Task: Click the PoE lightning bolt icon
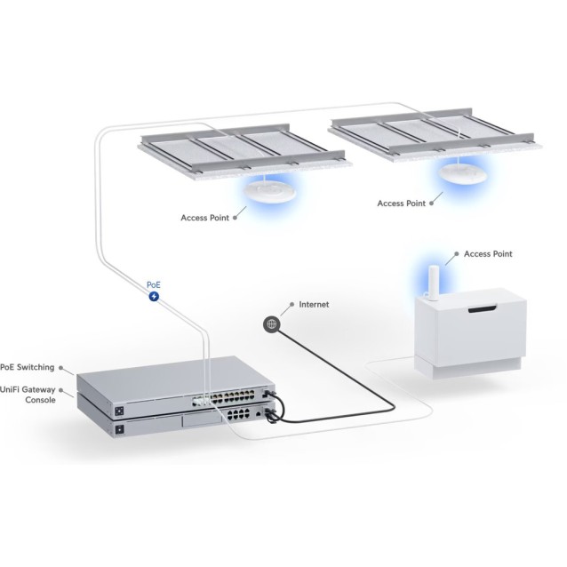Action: (x=156, y=296)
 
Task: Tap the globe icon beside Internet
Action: (x=270, y=324)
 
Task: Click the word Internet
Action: (x=314, y=305)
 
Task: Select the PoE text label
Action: (x=155, y=284)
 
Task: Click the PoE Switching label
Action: (x=27, y=366)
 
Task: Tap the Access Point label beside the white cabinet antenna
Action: (x=488, y=254)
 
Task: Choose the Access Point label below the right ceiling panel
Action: (x=402, y=204)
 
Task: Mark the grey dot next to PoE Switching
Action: (x=62, y=366)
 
